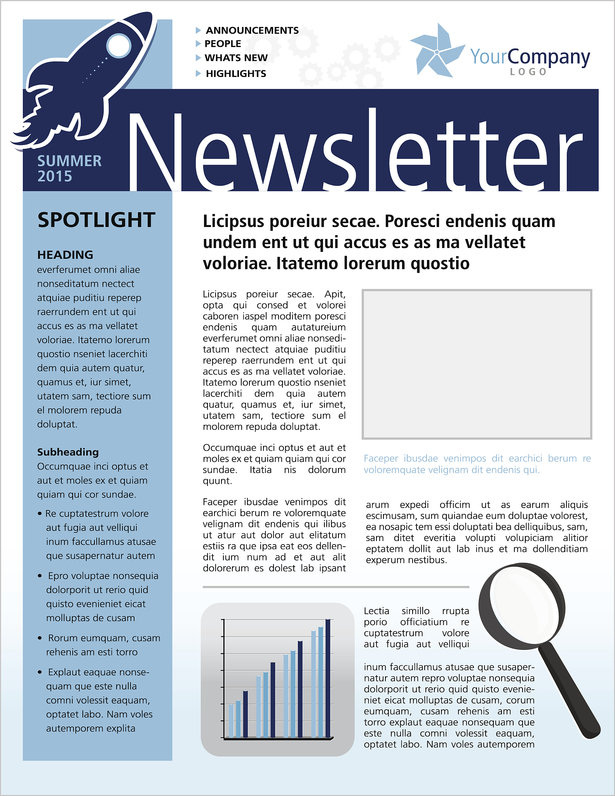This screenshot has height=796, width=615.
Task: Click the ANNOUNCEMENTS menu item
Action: coord(252,30)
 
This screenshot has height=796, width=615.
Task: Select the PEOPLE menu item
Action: coord(223,44)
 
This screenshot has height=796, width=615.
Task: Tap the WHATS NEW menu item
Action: coord(236,58)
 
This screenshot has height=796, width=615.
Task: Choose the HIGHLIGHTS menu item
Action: coord(236,73)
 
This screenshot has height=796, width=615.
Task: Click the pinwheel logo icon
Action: coord(437,52)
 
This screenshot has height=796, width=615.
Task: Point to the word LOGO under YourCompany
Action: coord(528,72)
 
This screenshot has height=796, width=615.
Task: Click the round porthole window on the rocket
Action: coord(119,46)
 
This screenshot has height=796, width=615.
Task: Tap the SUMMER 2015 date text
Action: coord(69,168)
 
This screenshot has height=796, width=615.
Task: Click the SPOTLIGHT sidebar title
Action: coord(96,220)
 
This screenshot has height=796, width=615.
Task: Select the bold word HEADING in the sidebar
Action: coord(65,255)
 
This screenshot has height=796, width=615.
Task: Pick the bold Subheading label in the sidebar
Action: coord(68,452)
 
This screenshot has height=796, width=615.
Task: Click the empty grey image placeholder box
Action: coord(477,364)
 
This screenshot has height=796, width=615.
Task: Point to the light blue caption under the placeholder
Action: coord(477,464)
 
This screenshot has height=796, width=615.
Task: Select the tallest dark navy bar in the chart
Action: coord(328,678)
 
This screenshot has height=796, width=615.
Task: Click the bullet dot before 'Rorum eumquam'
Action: coord(40,638)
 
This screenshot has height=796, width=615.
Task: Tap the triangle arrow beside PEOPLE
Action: coord(198,44)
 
